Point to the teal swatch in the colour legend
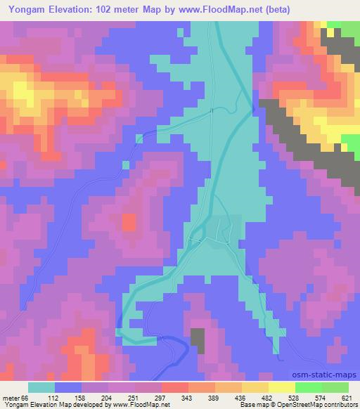[41, 387]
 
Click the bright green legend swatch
[309, 387]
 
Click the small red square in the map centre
[129, 223]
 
